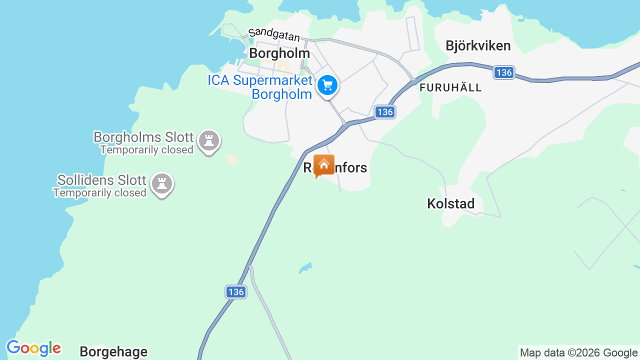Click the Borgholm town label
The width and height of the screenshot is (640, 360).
pos(279,53)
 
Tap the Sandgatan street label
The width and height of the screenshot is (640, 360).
pos(274,34)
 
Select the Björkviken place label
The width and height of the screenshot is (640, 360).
pos(478,46)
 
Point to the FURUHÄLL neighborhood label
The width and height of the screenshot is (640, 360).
pos(451,88)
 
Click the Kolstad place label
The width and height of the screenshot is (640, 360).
pos(450,203)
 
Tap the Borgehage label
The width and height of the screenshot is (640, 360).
pos(113,352)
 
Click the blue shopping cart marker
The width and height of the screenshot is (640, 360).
pos(327,85)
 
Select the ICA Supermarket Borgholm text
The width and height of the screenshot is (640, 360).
pos(260,87)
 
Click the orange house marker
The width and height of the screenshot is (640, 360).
pos(323,165)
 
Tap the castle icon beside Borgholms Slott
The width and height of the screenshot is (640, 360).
pos(209,140)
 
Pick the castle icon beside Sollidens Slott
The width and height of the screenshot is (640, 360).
pos(161,183)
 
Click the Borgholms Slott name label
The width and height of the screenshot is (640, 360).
pos(143,137)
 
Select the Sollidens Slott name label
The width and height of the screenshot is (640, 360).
pos(101,180)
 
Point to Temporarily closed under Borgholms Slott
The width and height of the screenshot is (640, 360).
pos(146,150)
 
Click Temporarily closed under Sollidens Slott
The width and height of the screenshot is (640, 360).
pos(99,193)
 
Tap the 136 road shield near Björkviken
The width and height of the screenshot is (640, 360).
pos(504,72)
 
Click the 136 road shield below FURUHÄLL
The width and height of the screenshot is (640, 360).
pos(385,112)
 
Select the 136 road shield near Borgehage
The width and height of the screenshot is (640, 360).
pos(235,292)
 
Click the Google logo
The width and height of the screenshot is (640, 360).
pos(33,348)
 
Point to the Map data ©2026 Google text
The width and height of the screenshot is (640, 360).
pos(578,353)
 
